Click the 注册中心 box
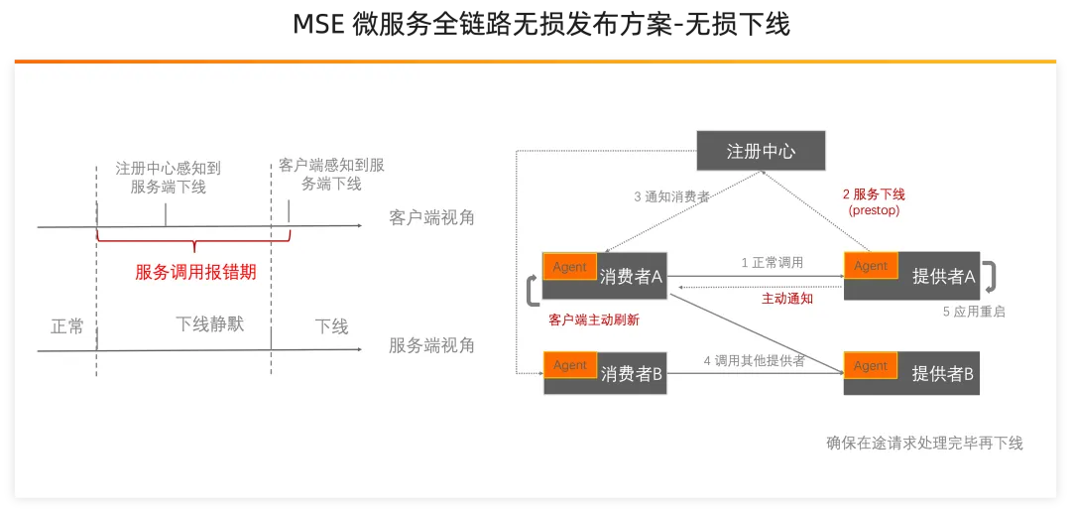pyautogui.click(x=761, y=151)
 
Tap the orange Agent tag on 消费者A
pyautogui.click(x=569, y=266)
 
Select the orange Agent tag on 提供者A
pyautogui.click(x=871, y=266)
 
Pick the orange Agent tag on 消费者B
pyautogui.click(x=570, y=364)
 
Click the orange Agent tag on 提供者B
pyautogui.click(x=871, y=365)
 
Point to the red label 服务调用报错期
pyautogui.click(x=195, y=272)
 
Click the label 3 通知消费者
pyautogui.click(x=671, y=196)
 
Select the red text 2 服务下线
pyautogui.click(x=874, y=194)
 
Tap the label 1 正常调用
pyautogui.click(x=773, y=263)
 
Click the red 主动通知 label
pyautogui.click(x=787, y=298)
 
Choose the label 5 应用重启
pyautogui.click(x=974, y=312)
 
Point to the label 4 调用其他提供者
pyautogui.click(x=754, y=360)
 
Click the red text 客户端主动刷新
pyautogui.click(x=594, y=321)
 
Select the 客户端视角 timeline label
pyautogui.click(x=431, y=217)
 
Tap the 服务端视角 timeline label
pyautogui.click(x=431, y=345)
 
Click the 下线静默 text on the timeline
pyautogui.click(x=209, y=324)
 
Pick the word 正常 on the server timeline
pyautogui.click(x=67, y=326)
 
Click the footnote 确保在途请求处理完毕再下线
pyautogui.click(x=923, y=443)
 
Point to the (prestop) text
pyautogui.click(x=874, y=211)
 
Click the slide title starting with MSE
pyautogui.click(x=541, y=25)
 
